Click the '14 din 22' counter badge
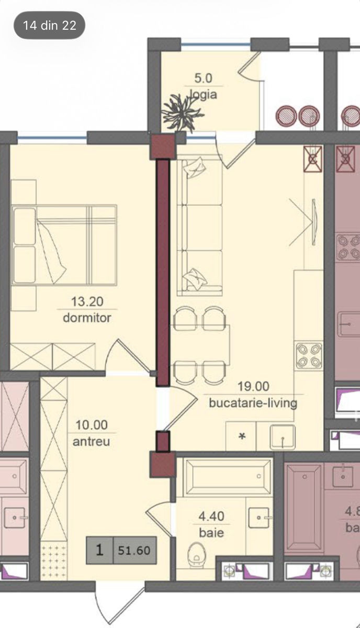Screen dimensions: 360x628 click(49, 25)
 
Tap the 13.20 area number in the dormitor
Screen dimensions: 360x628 click(87, 301)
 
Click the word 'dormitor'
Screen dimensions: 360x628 click(87, 318)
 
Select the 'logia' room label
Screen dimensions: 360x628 click(204, 94)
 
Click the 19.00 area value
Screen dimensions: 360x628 click(253, 386)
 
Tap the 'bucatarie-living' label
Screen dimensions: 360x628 click(253, 403)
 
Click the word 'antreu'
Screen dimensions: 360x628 click(91, 442)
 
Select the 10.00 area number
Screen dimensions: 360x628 click(92, 425)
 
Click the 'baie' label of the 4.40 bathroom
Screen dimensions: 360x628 click(211, 533)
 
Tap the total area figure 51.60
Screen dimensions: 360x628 click(134, 551)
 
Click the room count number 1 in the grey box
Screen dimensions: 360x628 click(99, 550)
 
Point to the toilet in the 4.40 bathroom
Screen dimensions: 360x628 click(197, 554)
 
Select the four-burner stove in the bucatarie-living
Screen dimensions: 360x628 click(309, 355)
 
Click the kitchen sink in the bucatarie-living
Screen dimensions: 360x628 click(283, 437)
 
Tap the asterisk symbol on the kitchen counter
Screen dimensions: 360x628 click(242, 436)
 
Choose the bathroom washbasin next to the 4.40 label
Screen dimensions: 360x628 click(260, 518)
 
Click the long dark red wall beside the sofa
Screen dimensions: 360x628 click(163, 273)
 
